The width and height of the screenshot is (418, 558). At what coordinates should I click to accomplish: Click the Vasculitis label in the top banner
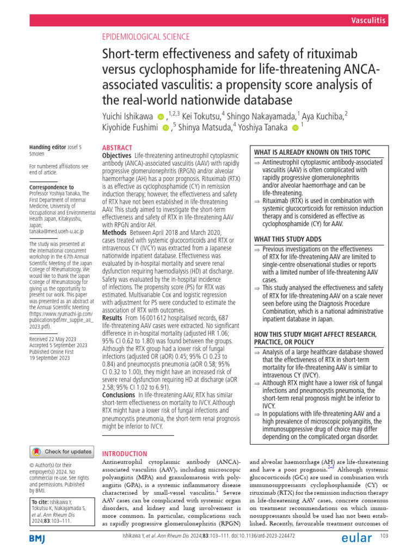click(x=368, y=21)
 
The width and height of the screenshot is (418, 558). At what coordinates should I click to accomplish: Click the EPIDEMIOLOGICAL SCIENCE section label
click(x=146, y=37)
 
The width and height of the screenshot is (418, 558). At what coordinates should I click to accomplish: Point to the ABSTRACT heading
click(x=117, y=148)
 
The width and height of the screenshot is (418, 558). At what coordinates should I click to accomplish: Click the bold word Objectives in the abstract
click(x=117, y=156)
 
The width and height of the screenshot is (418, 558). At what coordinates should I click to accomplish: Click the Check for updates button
click(x=61, y=452)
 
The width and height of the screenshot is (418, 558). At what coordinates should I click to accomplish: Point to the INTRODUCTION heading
click(x=125, y=453)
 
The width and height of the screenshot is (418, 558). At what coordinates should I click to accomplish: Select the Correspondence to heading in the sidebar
click(x=51, y=186)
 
